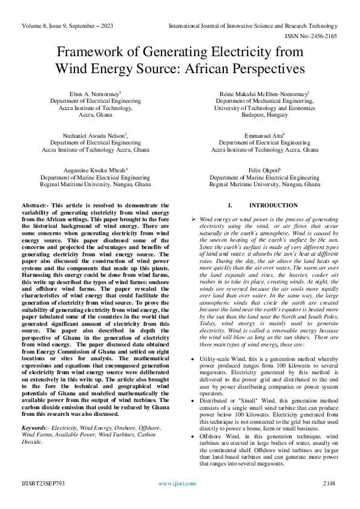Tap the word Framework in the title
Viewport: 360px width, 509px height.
point(90,53)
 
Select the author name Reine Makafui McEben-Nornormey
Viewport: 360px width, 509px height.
point(264,94)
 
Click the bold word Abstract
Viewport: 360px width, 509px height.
point(35,206)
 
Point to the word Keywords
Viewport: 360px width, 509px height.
point(34,428)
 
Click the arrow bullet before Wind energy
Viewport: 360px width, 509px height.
point(193,218)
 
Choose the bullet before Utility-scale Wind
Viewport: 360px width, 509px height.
point(193,359)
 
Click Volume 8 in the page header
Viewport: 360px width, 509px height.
point(36,26)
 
